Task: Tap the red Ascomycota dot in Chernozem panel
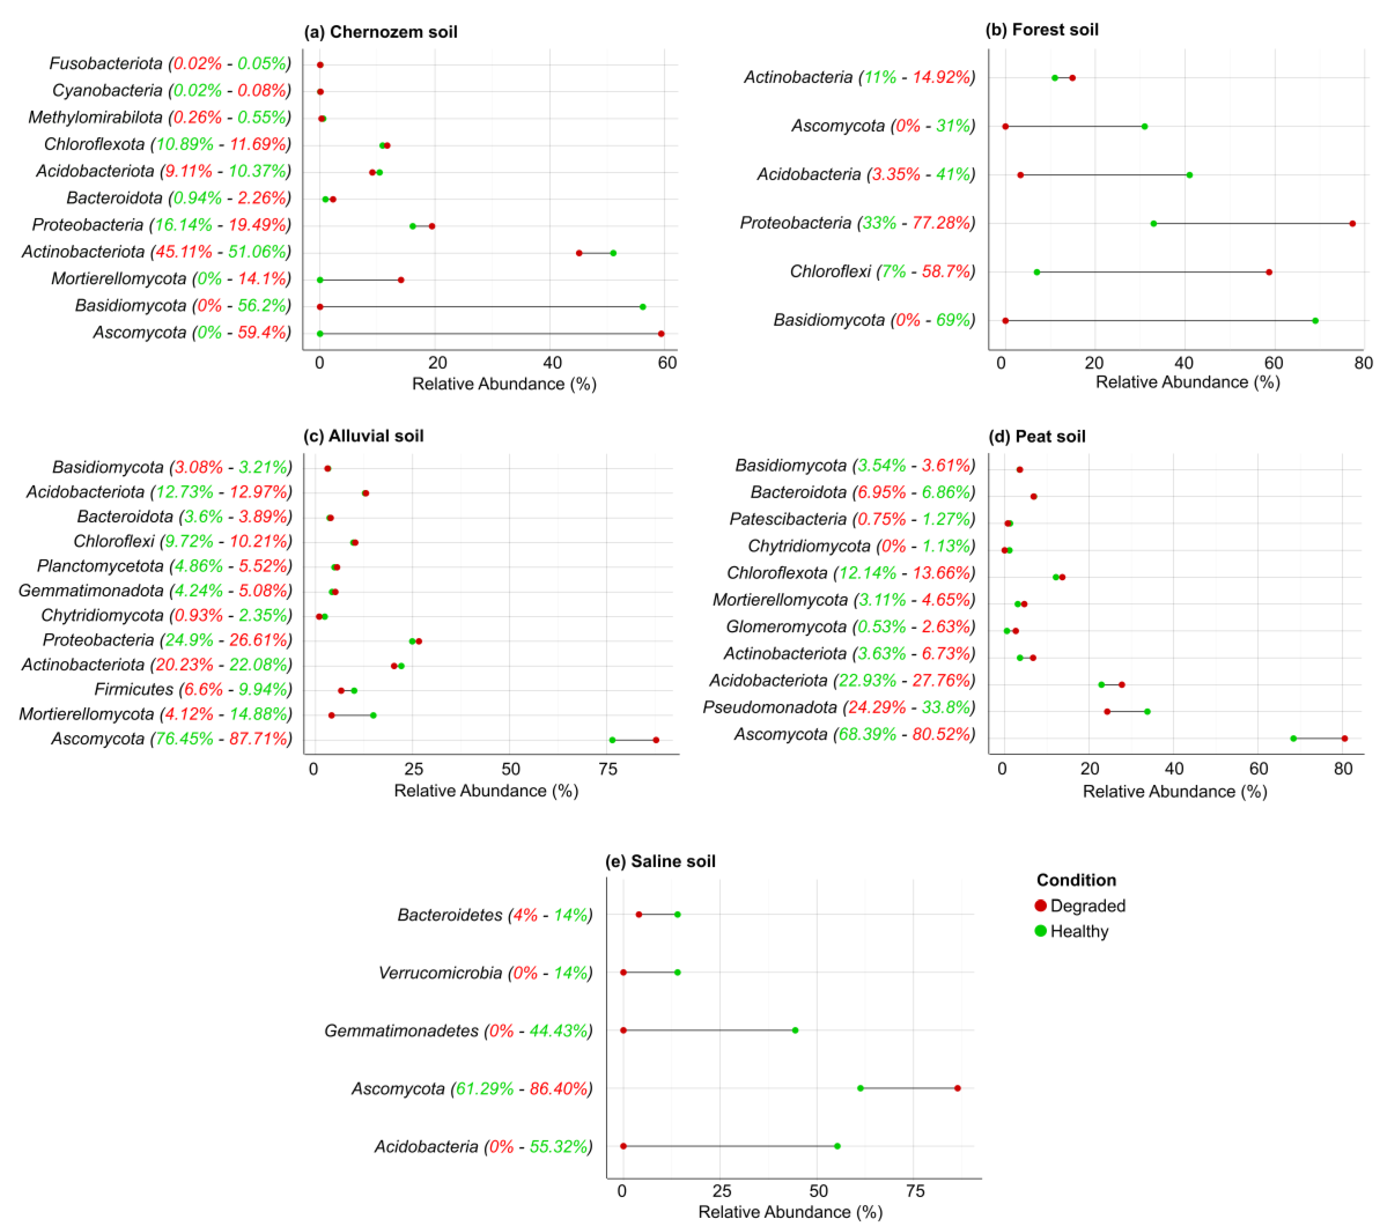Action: pyautogui.click(x=661, y=334)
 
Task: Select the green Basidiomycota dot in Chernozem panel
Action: pyautogui.click(x=643, y=307)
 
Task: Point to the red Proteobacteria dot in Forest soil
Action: pyautogui.click(x=1352, y=223)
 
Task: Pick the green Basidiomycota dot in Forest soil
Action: pyautogui.click(x=1315, y=320)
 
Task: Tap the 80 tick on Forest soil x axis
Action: pyautogui.click(x=1363, y=363)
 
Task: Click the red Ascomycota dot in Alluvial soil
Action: pyautogui.click(x=655, y=740)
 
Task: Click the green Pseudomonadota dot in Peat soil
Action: pyautogui.click(x=1147, y=711)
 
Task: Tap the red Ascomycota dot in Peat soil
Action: pyautogui.click(x=1344, y=738)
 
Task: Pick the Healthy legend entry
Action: pyautogui.click(x=1078, y=931)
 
